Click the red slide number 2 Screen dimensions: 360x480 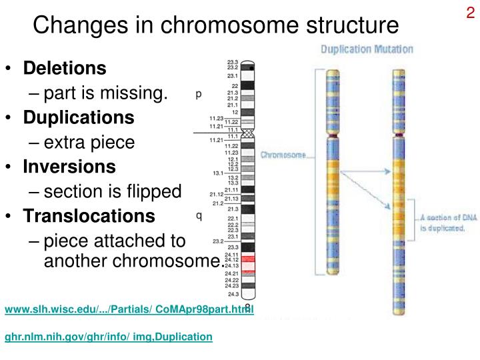pyautogui.click(x=470, y=14)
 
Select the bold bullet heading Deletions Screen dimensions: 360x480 pyautogui.click(x=65, y=68)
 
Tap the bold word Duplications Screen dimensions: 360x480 pyautogui.click(x=79, y=117)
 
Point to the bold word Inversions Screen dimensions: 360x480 pyautogui.click(x=69, y=167)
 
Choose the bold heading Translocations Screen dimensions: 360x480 pyautogui.click(x=89, y=216)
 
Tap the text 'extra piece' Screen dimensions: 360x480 pyautogui.click(x=89, y=142)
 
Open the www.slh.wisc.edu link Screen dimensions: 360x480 pyautogui.click(x=129, y=309)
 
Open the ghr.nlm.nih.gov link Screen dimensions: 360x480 pyautogui.click(x=109, y=337)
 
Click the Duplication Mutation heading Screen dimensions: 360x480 pyautogui.click(x=367, y=49)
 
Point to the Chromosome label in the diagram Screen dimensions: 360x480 pyautogui.click(x=283, y=155)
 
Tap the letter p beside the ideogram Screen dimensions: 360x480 pyautogui.click(x=199, y=95)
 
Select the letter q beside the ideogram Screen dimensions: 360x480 pyautogui.click(x=199, y=215)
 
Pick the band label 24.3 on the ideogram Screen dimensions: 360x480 pyautogui.click(x=233, y=293)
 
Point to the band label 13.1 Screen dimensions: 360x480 pyautogui.click(x=217, y=172)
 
